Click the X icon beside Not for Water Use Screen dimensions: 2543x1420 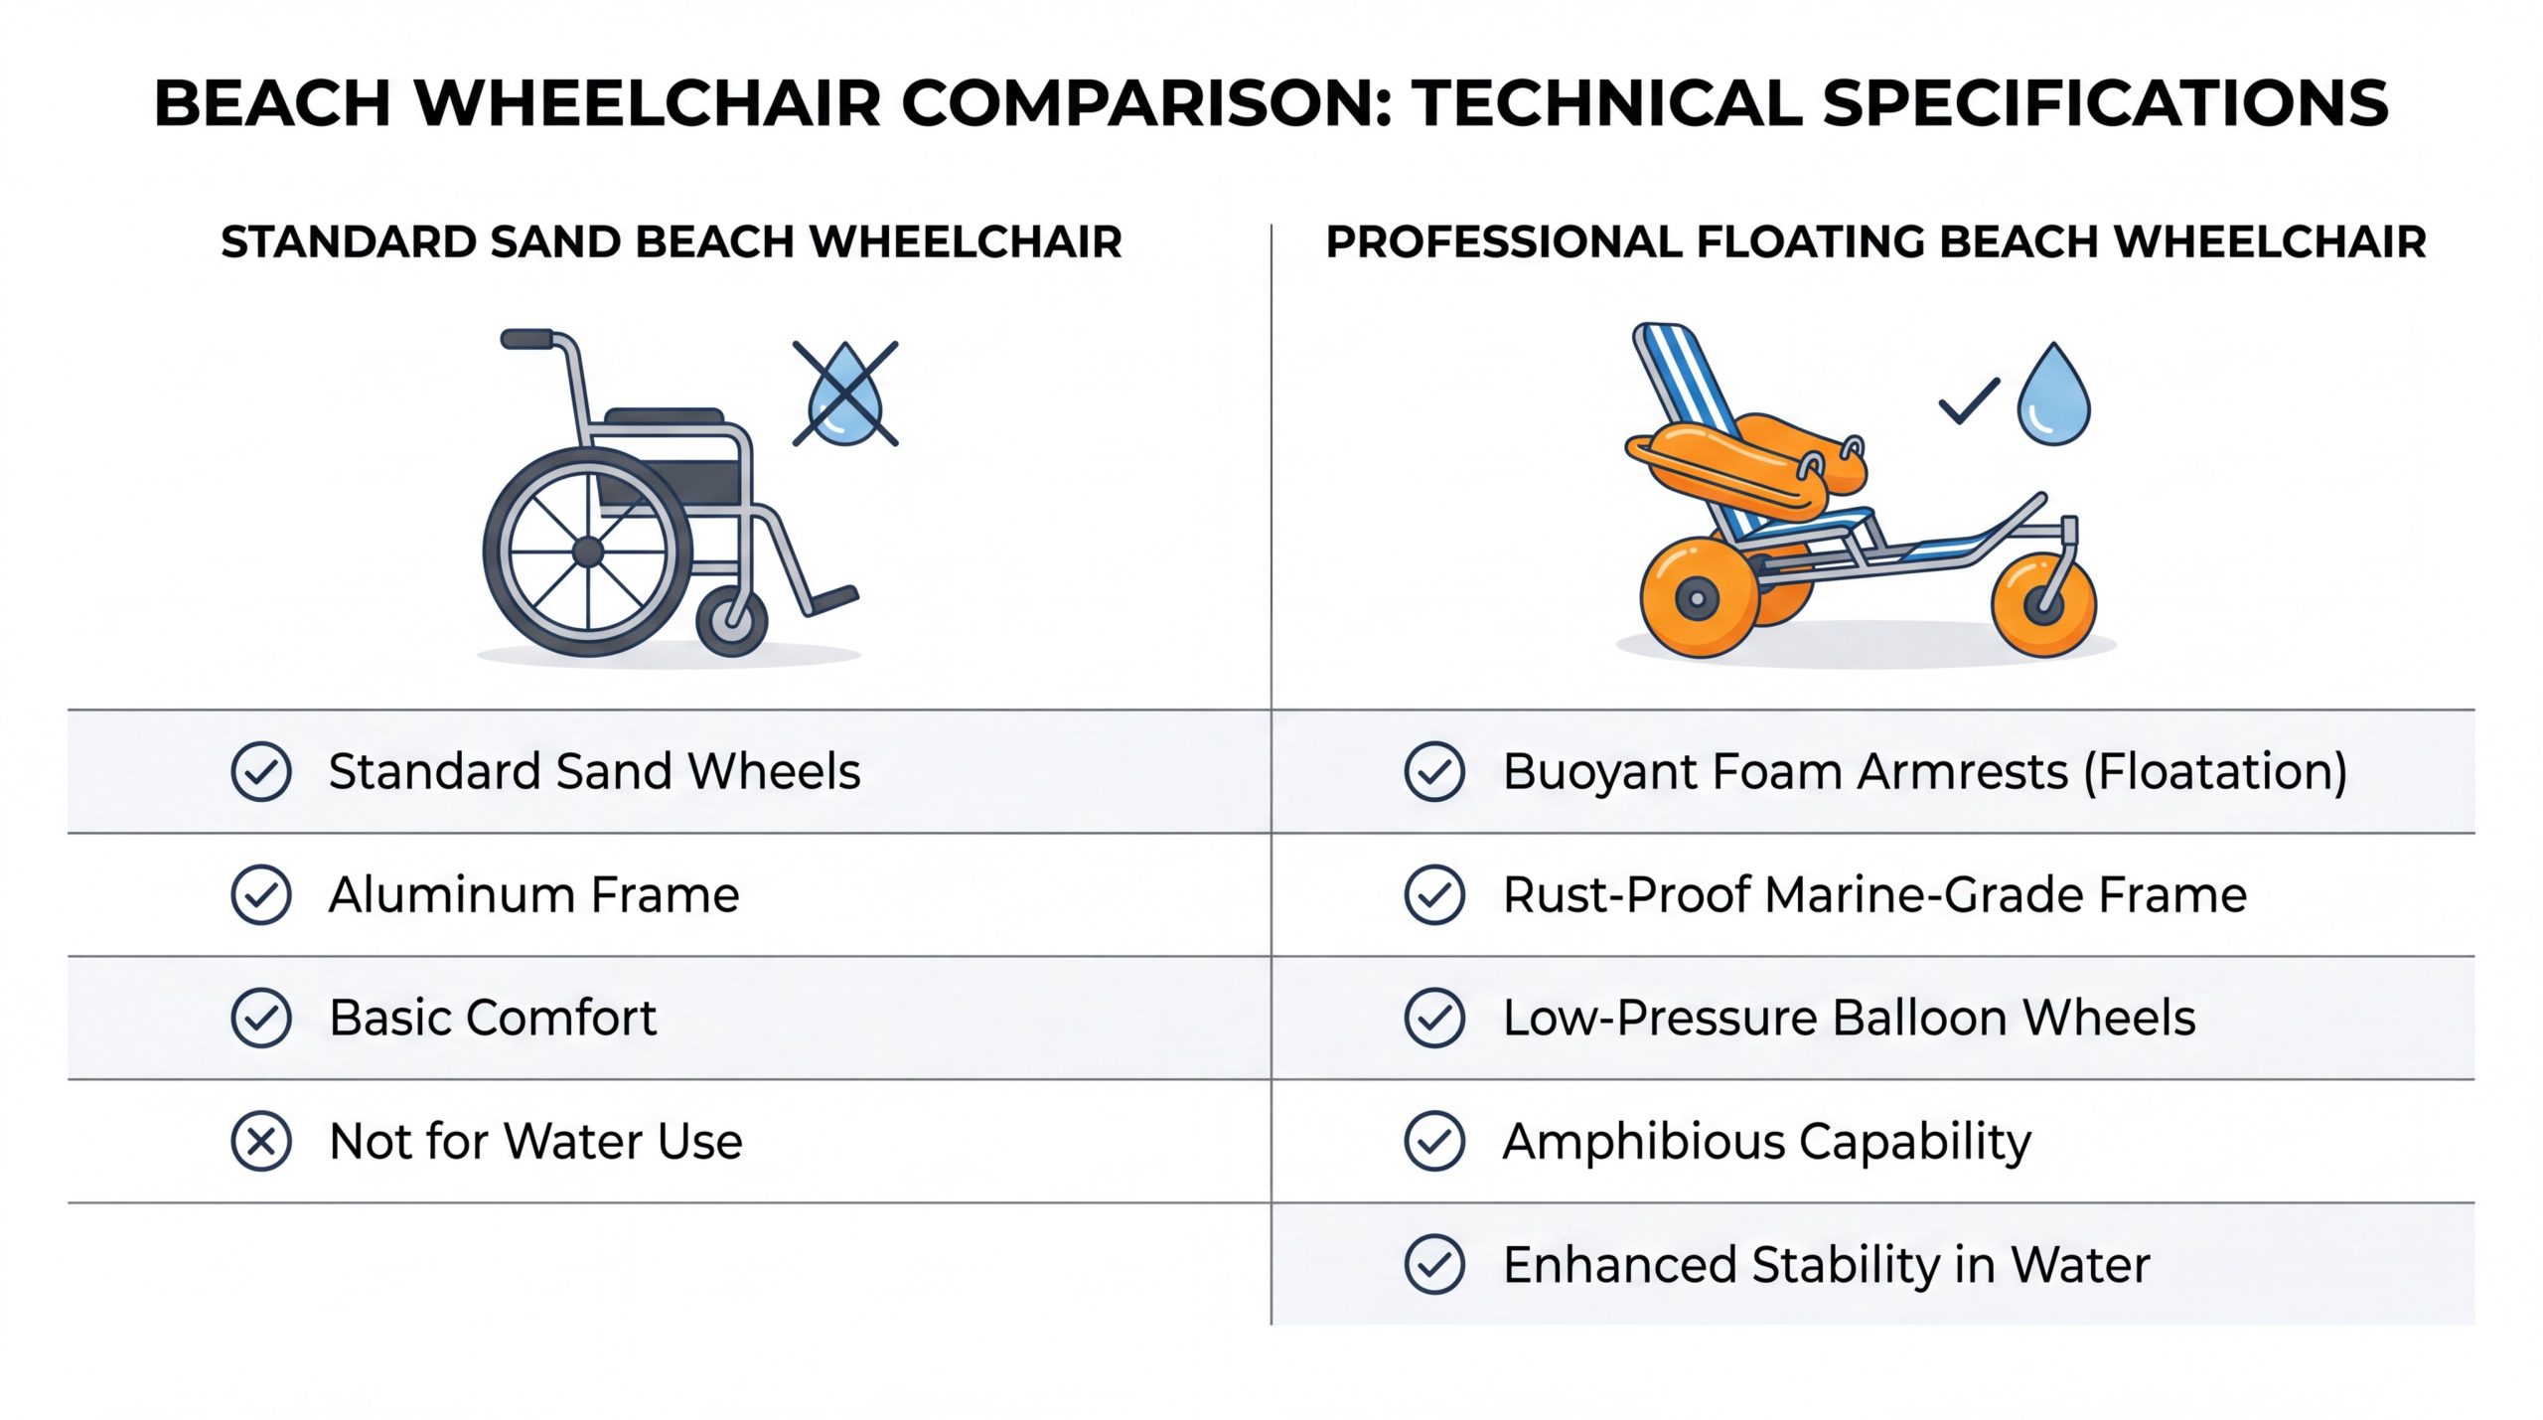pyautogui.click(x=261, y=1141)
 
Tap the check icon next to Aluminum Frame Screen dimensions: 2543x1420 pyautogui.click(x=261, y=894)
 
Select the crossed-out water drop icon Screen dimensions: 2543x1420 pyautogui.click(x=845, y=394)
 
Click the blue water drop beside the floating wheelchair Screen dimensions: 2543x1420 pyautogui.click(x=2053, y=394)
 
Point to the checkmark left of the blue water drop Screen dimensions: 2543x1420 pyautogui.click(x=1969, y=401)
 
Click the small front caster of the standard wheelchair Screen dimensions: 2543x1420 pyautogui.click(x=732, y=621)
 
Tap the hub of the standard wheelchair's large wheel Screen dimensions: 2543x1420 pyautogui.click(x=588, y=552)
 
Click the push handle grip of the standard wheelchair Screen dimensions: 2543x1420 pyautogui.click(x=527, y=340)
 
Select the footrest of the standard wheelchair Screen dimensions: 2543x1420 pyautogui.click(x=830, y=600)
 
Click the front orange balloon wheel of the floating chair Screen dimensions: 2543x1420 pyautogui.click(x=2044, y=605)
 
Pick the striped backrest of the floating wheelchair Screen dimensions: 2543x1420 pyautogui.click(x=1701, y=427)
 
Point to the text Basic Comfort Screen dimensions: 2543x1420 pyautogui.click(x=493, y=1018)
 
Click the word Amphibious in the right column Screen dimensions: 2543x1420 pyautogui.click(x=1643, y=1142)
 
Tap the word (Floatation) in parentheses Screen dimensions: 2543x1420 pyautogui.click(x=2215, y=772)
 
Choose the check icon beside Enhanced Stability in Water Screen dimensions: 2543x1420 pyautogui.click(x=1434, y=1264)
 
